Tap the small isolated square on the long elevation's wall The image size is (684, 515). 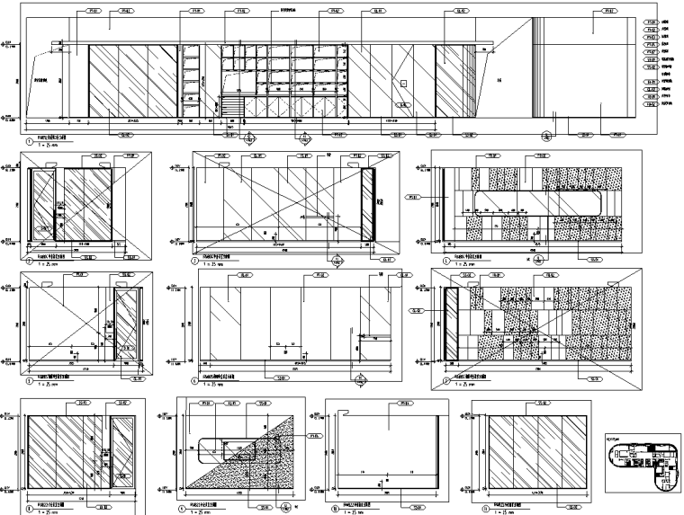click(405, 83)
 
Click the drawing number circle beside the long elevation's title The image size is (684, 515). click(30, 141)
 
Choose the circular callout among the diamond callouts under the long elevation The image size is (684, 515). click(544, 138)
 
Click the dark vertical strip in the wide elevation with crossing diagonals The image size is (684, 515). click(366, 205)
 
